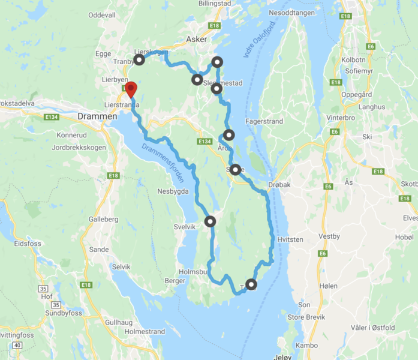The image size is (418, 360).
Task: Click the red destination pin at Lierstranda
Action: coord(130,90)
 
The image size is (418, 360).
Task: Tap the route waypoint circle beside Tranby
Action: coord(139,60)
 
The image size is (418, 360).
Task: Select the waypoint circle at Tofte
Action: coord(251,284)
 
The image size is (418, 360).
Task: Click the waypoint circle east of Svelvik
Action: coord(210,221)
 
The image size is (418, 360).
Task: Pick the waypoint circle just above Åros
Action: coord(228,134)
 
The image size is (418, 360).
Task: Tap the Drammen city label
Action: coord(97,116)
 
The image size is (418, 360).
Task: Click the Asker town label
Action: coord(196,39)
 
